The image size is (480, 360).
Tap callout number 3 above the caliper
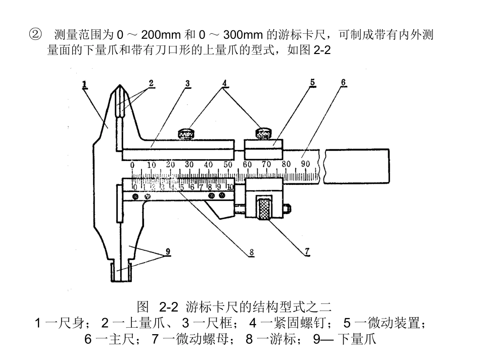click(x=187, y=83)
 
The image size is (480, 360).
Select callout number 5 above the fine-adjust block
click(x=312, y=82)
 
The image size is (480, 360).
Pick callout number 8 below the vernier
click(x=251, y=252)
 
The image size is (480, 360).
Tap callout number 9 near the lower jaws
click(x=168, y=251)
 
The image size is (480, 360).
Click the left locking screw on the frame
click(x=186, y=134)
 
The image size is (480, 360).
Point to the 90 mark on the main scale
click(x=306, y=164)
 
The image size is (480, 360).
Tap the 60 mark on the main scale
click(x=247, y=164)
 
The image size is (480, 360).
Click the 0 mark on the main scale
click(x=132, y=165)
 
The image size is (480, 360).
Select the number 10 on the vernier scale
click(x=230, y=187)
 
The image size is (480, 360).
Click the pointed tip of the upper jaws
click(x=118, y=86)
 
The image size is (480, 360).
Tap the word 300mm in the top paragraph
click(x=243, y=35)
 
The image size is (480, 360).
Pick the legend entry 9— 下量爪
click(x=345, y=339)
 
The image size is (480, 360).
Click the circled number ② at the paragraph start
click(x=35, y=34)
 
